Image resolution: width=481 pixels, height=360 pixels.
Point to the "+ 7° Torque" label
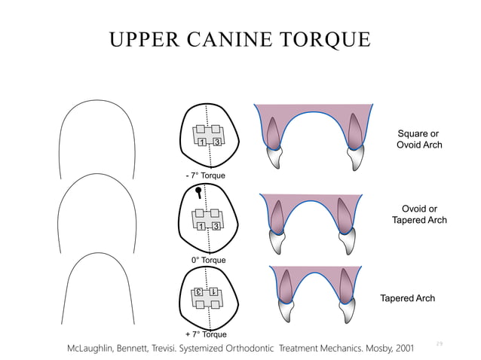(x=206, y=334)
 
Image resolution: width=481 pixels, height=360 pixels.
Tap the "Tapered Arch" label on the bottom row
(x=407, y=298)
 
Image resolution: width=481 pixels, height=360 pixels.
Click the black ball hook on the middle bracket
(x=198, y=192)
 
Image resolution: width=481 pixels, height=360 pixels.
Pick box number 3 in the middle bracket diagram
(x=216, y=226)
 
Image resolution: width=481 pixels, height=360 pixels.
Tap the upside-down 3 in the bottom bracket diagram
(x=199, y=291)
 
